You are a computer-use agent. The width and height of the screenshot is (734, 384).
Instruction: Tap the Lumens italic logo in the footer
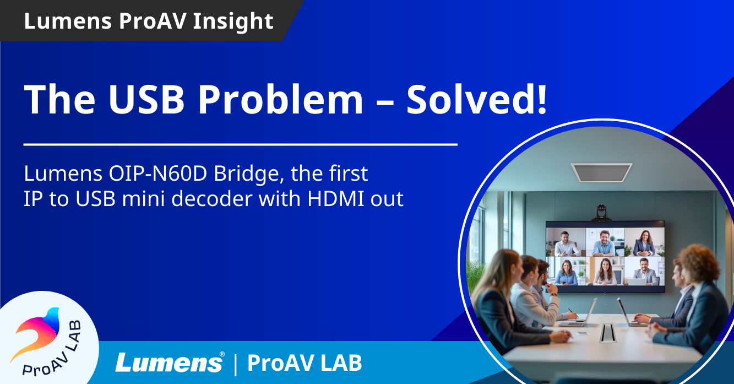coord(170,363)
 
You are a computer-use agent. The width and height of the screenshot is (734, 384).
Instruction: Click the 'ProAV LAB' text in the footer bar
coord(305,363)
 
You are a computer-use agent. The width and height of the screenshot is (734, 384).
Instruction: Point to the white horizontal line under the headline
coord(240,145)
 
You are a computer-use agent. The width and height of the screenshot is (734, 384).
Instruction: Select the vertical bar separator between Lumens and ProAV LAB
coord(236,364)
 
